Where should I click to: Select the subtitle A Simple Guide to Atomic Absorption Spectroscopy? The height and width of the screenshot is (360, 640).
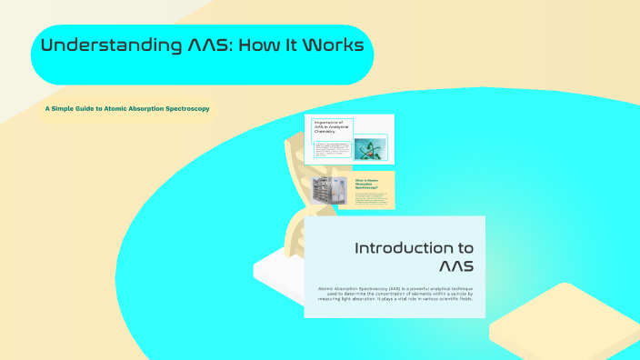coord(127,108)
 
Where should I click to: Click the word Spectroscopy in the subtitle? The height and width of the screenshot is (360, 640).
coord(184,108)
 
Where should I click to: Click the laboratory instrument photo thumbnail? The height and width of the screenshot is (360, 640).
coord(329,192)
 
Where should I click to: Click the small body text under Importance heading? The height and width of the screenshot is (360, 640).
coord(331,151)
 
